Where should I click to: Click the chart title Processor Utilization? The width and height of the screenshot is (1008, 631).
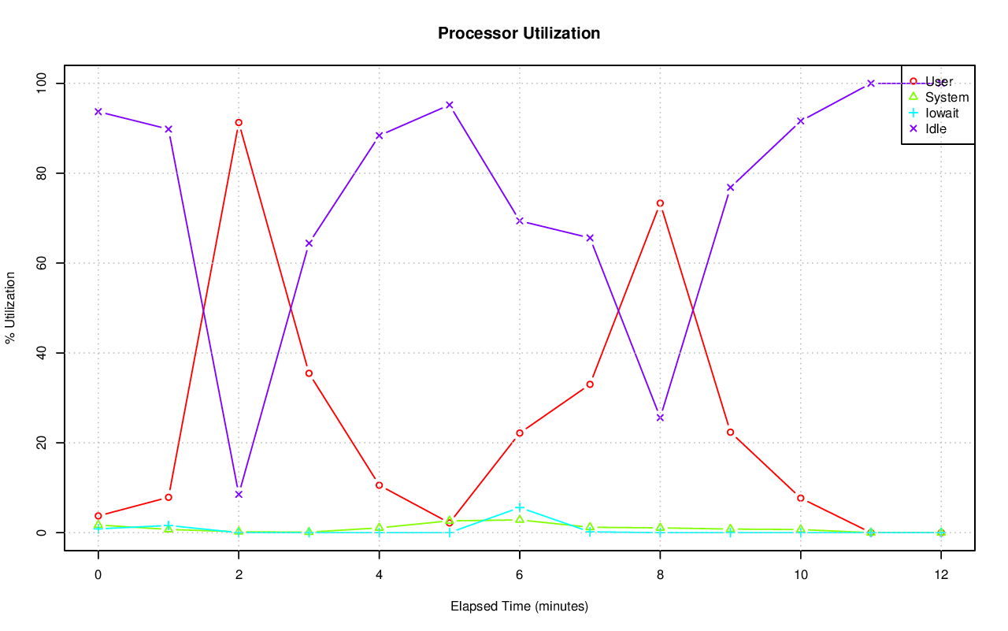[519, 34]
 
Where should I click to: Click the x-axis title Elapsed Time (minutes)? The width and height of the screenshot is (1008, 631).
[519, 607]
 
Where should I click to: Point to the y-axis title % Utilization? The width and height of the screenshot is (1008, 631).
[10, 308]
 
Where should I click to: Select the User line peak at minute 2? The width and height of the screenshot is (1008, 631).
[239, 123]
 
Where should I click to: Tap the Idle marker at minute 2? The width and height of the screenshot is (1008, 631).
[239, 495]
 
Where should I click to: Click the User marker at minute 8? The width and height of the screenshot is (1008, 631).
[660, 203]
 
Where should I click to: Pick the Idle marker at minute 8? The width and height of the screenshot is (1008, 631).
[660, 418]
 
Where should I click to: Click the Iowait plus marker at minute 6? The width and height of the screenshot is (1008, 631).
[520, 507]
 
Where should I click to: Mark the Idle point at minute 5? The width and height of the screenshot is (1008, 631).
[450, 105]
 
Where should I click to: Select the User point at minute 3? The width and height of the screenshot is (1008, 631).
[309, 373]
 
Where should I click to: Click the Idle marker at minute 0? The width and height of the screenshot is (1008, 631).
[98, 112]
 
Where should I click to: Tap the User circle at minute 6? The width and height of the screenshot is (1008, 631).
[520, 433]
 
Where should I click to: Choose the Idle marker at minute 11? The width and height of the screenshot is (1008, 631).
[871, 84]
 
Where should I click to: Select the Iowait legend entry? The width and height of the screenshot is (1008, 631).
[942, 113]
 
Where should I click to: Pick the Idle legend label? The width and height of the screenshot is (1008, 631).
[936, 129]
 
